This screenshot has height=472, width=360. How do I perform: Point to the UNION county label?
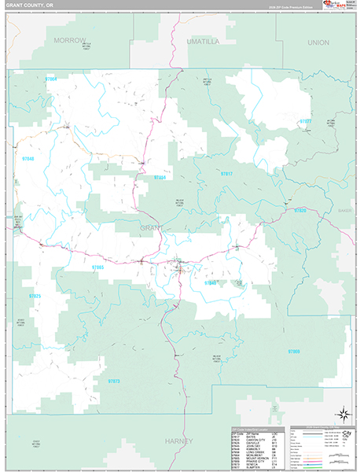point(318,42)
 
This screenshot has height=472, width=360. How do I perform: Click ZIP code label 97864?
point(52,79)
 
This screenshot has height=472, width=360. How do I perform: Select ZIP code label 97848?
point(29,159)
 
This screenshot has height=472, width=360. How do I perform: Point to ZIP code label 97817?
point(226,173)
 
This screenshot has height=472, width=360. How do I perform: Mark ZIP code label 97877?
point(305,121)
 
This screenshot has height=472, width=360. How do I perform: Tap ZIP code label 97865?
point(97,267)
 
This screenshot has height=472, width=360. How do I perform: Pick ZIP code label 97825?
point(35,295)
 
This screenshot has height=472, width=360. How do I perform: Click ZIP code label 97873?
point(114,381)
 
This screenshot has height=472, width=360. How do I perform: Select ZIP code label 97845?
point(210,282)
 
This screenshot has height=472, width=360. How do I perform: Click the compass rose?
point(343,414)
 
